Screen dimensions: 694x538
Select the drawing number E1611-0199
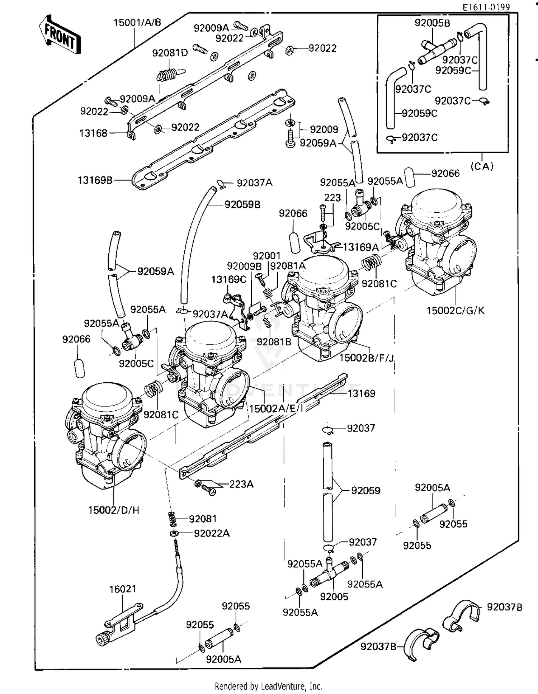[x=486, y=7]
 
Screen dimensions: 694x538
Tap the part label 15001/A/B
[x=137, y=23]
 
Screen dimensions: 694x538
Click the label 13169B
[x=95, y=180]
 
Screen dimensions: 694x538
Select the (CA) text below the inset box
[x=482, y=166]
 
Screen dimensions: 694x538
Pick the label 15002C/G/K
[x=455, y=310]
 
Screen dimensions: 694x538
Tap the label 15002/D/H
[x=114, y=510]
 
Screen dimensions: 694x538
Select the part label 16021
[x=122, y=589]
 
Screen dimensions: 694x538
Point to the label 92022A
[x=212, y=533]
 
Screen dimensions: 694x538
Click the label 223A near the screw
[x=241, y=484]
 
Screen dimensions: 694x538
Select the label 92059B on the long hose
[x=242, y=204]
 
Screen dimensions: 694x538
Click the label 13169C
[x=228, y=279]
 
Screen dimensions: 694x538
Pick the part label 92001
[x=266, y=256]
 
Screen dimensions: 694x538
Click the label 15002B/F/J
[x=367, y=358]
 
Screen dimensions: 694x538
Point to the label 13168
[x=93, y=133]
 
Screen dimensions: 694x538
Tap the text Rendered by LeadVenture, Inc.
[x=268, y=686]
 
